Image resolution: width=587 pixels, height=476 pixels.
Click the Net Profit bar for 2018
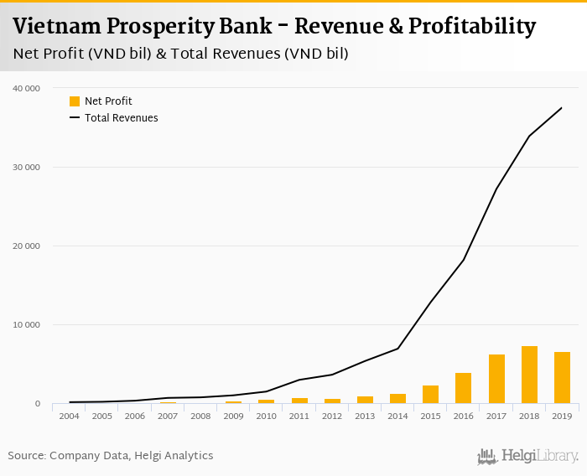[529, 375]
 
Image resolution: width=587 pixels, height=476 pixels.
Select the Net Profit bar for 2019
[562, 378]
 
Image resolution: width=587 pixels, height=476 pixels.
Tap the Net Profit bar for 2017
[496, 379]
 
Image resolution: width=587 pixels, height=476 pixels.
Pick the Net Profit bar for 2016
[464, 388]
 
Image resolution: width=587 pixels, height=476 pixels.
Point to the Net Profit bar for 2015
[430, 395]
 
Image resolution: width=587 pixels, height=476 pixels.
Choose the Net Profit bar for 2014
[397, 399]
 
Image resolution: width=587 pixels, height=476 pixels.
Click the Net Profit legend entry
[101, 101]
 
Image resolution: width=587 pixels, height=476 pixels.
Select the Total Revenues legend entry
[114, 118]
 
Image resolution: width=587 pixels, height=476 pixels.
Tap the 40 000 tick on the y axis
[26, 88]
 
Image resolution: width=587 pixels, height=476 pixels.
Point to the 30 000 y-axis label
[26, 168]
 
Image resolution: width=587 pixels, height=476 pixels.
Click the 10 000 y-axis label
[26, 325]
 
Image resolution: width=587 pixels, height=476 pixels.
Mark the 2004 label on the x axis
[69, 416]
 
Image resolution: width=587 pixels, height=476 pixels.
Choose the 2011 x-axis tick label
[299, 416]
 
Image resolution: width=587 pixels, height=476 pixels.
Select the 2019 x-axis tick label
[562, 416]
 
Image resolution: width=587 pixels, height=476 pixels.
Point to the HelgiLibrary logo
[527, 457]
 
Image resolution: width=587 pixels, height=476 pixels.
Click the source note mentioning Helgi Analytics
[111, 456]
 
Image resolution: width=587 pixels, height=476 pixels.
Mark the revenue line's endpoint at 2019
[562, 108]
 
